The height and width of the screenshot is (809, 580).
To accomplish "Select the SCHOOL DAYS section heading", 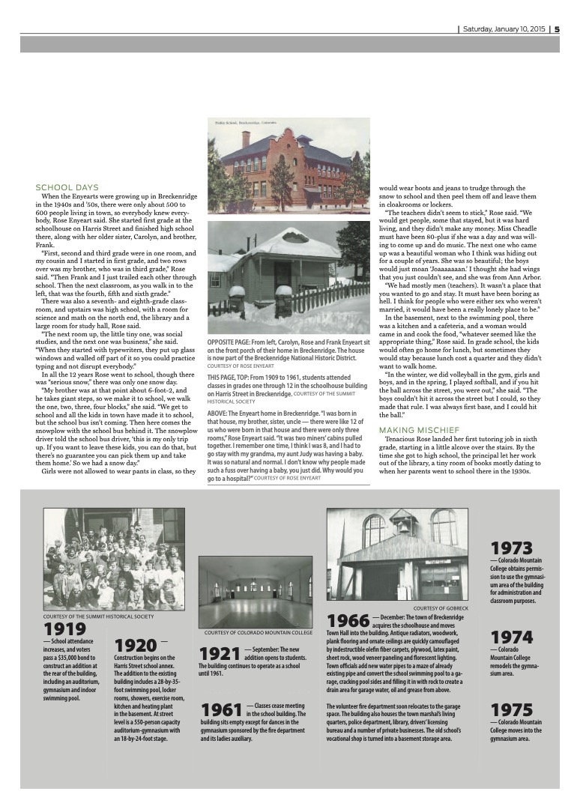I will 67,187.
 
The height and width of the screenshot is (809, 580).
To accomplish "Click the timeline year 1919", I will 65,630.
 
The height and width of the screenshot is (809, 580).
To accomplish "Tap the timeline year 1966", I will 348,621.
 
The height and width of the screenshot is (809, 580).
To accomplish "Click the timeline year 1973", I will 511,548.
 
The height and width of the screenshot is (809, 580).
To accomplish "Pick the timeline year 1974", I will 511,637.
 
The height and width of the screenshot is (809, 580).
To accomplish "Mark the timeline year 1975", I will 511,709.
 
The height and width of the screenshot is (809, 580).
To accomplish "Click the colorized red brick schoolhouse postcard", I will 288,165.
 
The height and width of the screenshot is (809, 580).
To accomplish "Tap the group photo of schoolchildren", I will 114,560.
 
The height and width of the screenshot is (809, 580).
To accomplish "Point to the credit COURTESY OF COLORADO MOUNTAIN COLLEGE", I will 258,633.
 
